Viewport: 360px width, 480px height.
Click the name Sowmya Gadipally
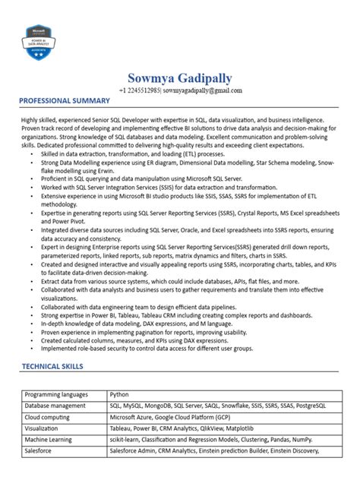(x=180, y=79)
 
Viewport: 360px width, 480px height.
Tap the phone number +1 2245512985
(x=139, y=90)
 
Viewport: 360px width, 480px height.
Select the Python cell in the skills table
(x=119, y=395)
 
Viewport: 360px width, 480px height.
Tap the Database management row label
(x=55, y=406)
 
